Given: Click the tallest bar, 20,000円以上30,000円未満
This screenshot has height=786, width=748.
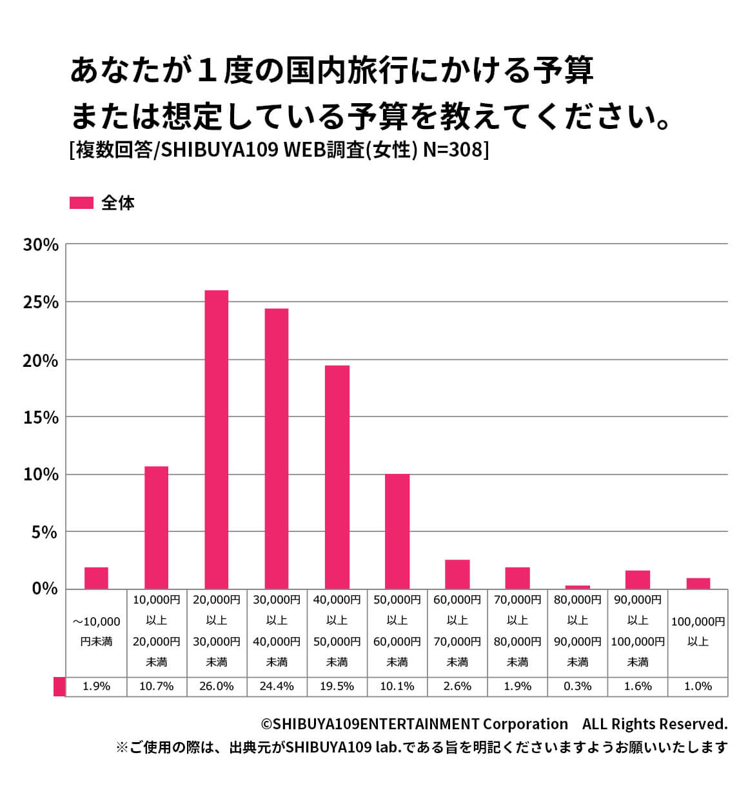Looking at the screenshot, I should pos(217,439).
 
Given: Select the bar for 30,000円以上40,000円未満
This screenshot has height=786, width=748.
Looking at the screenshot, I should pos(277,448).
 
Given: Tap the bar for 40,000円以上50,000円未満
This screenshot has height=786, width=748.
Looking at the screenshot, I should pos(337,477).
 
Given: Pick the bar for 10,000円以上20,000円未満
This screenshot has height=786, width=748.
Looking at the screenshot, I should pos(156,527).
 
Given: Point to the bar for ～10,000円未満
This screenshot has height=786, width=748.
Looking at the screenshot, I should pos(96,578).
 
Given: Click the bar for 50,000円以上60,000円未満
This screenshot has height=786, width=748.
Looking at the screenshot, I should pos(397,531).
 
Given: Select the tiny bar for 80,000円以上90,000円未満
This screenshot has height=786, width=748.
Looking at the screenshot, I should pos(578,587).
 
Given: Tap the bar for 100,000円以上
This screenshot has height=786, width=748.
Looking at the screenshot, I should pos(698,584).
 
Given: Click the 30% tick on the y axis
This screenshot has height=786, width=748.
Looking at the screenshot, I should pos(41,245).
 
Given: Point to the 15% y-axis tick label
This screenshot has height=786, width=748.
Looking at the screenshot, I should pos(41,418).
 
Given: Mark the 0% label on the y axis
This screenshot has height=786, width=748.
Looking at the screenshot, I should pos(44,589).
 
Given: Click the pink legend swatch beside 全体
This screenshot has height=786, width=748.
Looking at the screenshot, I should pos(81,202).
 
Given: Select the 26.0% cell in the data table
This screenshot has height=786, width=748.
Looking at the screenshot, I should pos(217,686).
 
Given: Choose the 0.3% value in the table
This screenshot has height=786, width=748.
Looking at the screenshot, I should pos(578,686).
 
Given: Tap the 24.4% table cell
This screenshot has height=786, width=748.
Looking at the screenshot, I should pos(277,686).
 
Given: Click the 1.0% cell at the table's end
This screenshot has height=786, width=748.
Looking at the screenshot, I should pos(698,686).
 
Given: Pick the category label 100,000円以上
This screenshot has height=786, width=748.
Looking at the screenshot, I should pos(698,631).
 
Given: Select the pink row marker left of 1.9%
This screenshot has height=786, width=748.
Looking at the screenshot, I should pos(59,686).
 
